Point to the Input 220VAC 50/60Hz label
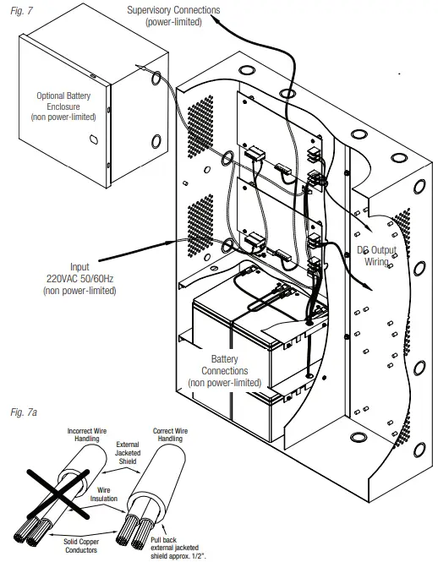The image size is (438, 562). [x=79, y=278]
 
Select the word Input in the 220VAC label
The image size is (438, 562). [x=79, y=266]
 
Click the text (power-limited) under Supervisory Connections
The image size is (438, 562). [x=173, y=22]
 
